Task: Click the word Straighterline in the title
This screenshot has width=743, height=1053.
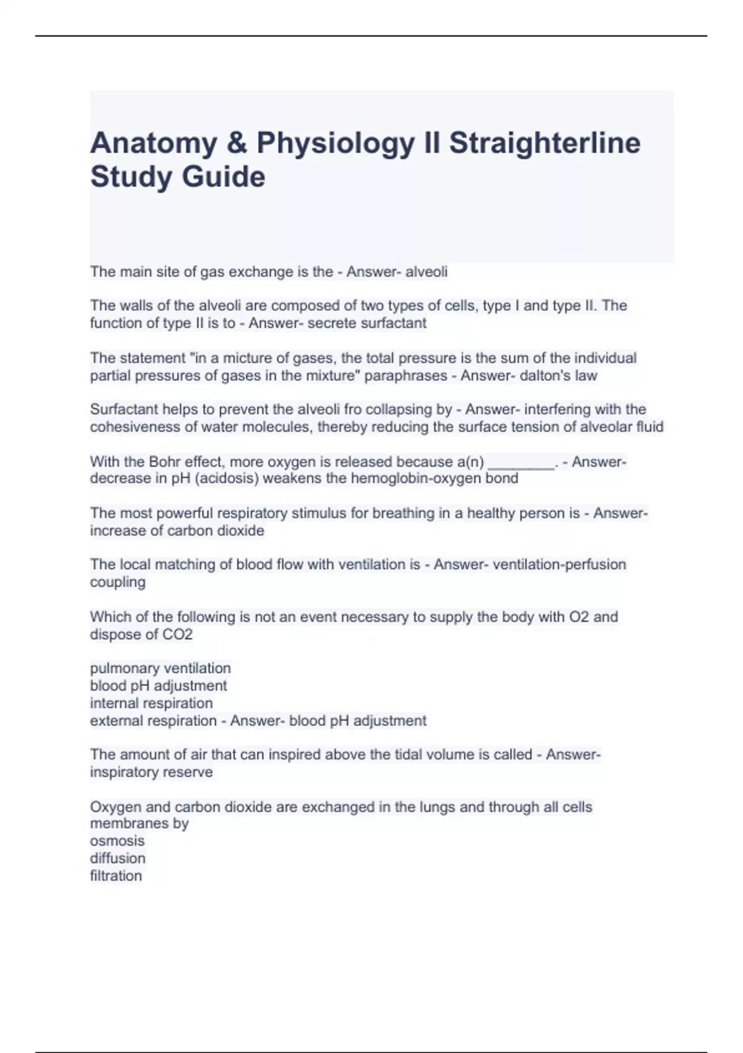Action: [x=544, y=143]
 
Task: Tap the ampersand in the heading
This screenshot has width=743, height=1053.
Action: [x=237, y=143]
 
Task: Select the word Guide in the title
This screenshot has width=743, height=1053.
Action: [x=224, y=177]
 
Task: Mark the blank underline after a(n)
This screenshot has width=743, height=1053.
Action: [x=521, y=463]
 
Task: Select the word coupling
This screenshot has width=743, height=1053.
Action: [x=118, y=582]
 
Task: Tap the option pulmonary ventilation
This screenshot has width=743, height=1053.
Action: [x=160, y=668]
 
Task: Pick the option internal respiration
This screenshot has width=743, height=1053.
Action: [x=151, y=703]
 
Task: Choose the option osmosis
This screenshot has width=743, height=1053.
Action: [x=117, y=841]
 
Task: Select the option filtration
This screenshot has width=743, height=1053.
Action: [x=116, y=875]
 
